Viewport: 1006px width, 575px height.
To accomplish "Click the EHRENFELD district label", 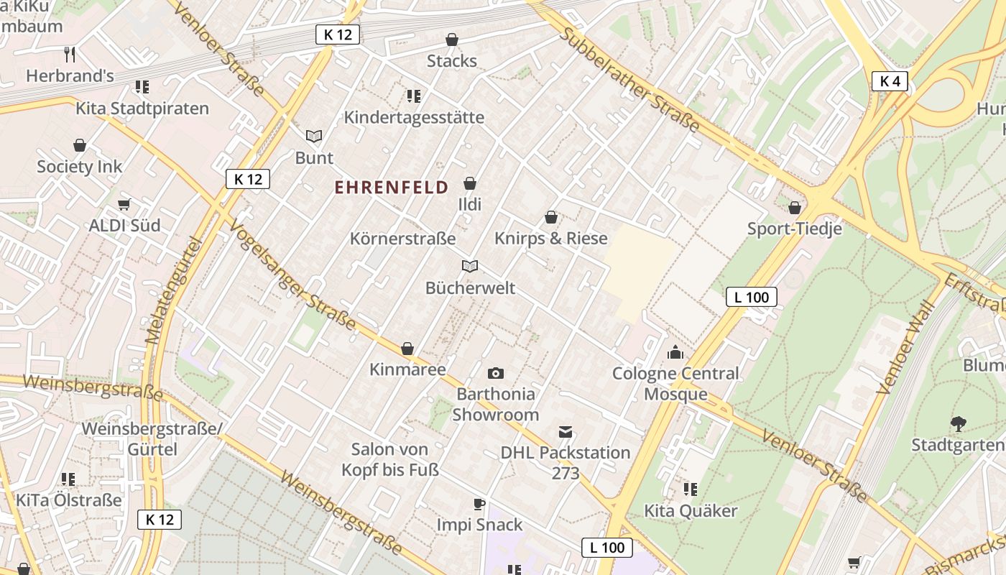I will (x=392, y=188).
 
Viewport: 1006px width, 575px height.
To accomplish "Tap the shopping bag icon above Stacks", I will (x=452, y=40).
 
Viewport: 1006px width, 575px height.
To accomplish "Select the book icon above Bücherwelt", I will (x=470, y=267).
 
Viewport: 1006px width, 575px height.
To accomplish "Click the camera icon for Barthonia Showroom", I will (x=495, y=373).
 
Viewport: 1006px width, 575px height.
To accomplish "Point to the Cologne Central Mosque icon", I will (x=675, y=352).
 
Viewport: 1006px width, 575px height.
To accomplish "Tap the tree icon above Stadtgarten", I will (x=958, y=424).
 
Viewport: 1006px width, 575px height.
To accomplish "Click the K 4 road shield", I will (x=890, y=81).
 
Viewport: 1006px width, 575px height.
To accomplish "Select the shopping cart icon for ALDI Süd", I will (x=124, y=205).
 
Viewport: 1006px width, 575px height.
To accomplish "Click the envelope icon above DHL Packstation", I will (x=566, y=432).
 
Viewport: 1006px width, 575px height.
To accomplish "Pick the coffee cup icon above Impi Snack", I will (x=479, y=504).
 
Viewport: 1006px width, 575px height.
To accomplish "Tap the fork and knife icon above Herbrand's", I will (x=70, y=54).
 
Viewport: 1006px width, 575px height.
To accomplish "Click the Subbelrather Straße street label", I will (x=629, y=80).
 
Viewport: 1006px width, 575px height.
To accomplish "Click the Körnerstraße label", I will (x=402, y=238).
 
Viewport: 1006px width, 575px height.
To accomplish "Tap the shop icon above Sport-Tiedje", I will (x=795, y=208).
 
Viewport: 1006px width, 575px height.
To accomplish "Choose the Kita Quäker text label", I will (x=691, y=511).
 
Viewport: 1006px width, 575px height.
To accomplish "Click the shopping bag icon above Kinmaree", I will (x=407, y=349).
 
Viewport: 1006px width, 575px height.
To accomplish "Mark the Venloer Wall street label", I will (x=905, y=347).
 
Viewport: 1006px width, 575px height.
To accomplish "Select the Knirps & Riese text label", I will (x=551, y=238).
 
